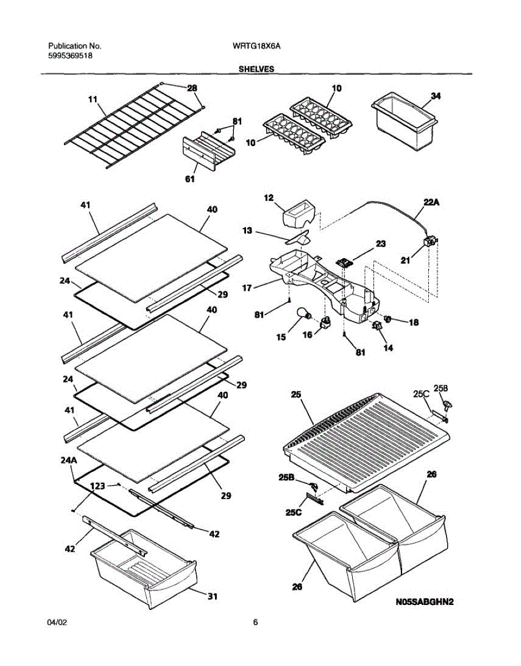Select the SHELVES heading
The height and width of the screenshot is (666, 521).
coord(256,69)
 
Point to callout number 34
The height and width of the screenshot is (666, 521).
coord(435,96)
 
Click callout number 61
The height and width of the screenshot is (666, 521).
coord(190,179)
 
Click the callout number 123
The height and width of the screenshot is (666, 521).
coord(98,486)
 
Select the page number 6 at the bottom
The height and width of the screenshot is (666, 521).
coord(256,623)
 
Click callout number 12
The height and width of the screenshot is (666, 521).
coord(269,198)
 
